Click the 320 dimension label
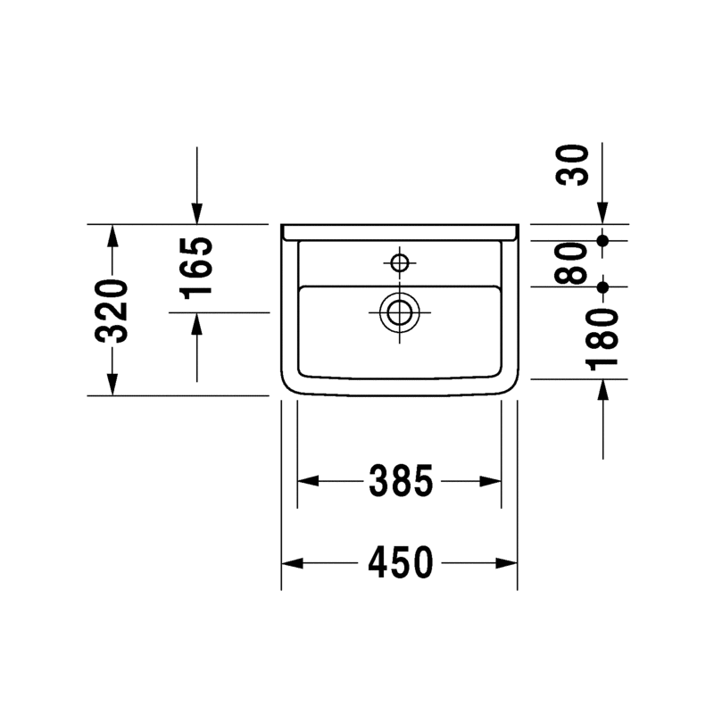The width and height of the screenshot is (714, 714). (113, 311)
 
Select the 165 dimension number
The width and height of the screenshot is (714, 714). (198, 268)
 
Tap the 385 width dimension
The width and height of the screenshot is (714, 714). (401, 482)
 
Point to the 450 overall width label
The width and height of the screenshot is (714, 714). (401, 563)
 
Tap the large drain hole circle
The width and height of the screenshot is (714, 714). (399, 312)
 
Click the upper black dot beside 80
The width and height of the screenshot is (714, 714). (603, 240)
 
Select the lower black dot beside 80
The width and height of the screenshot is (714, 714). (603, 286)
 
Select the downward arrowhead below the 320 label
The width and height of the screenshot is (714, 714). (112, 384)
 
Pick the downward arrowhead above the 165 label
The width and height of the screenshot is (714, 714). (197, 213)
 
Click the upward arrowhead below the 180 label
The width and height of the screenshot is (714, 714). (603, 390)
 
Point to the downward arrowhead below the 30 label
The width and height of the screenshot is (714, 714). (603, 213)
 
